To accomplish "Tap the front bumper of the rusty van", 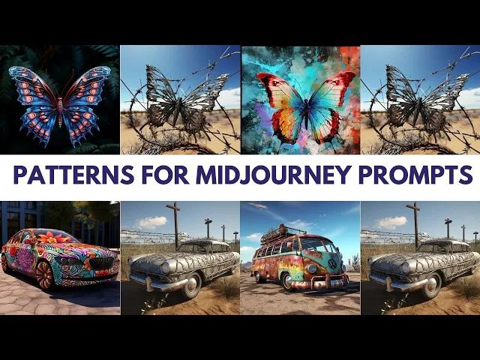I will [318, 282].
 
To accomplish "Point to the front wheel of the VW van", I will [288, 281].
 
